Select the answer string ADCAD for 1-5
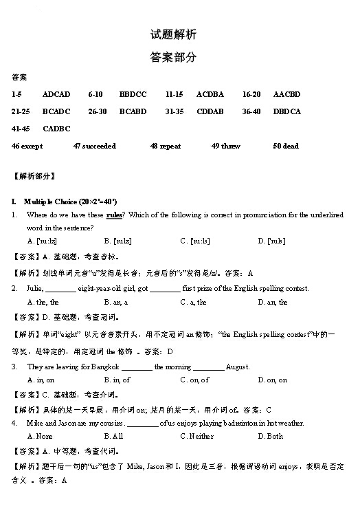(x=56, y=94)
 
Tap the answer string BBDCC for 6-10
(x=133, y=94)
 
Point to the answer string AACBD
(x=286, y=94)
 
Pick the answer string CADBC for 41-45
(x=56, y=129)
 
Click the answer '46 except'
(x=27, y=146)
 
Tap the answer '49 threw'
(x=226, y=146)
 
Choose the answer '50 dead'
(x=286, y=146)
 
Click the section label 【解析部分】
(x=34, y=177)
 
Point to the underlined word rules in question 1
(x=115, y=215)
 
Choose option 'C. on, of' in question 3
(x=194, y=380)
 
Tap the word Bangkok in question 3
(x=104, y=367)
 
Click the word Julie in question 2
(x=34, y=289)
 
